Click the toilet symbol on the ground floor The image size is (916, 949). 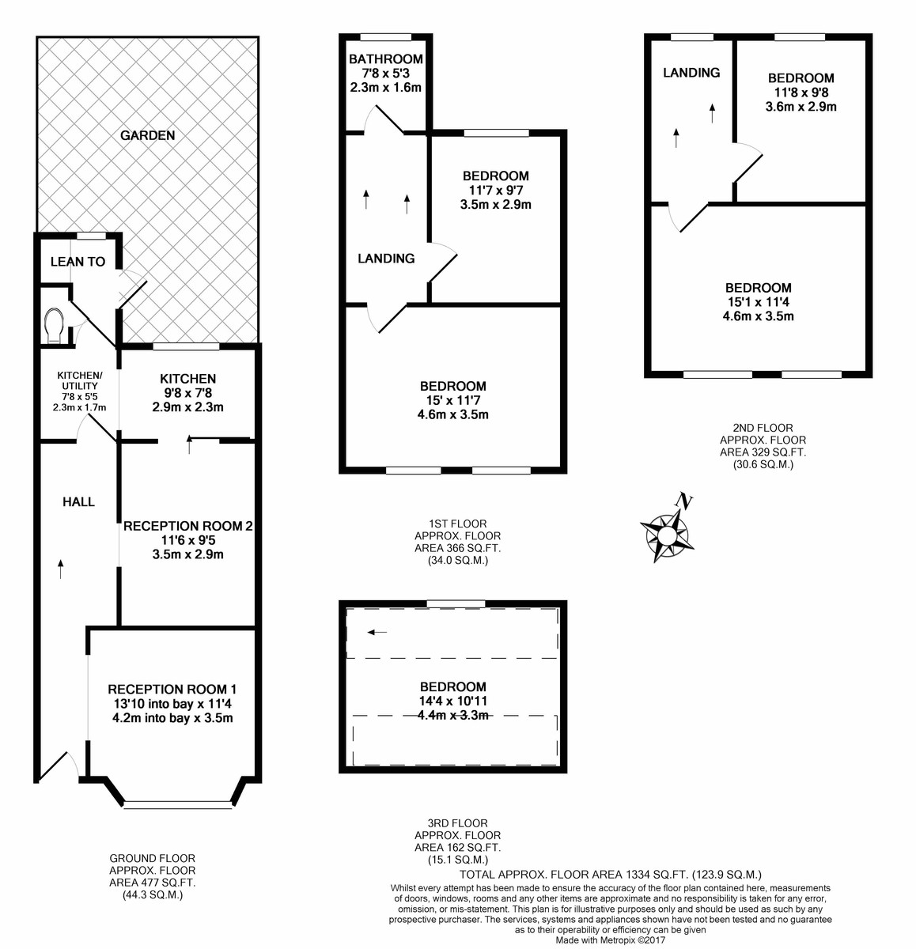pyautogui.click(x=55, y=325)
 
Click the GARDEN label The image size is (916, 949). pyautogui.click(x=148, y=135)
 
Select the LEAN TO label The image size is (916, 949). pyautogui.click(x=78, y=262)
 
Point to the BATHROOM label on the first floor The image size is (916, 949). pyautogui.click(x=386, y=59)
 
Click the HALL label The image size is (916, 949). pyautogui.click(x=78, y=501)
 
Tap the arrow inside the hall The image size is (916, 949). pyautogui.click(x=61, y=568)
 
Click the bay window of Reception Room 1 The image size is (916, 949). pyautogui.click(x=178, y=805)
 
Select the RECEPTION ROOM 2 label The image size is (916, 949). pyautogui.click(x=188, y=526)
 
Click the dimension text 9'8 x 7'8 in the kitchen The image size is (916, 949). pyautogui.click(x=188, y=393)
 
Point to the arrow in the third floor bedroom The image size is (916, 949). pyautogui.click(x=377, y=632)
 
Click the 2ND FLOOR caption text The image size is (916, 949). pyautogui.click(x=763, y=429)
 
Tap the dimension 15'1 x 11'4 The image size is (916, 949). pyautogui.click(x=759, y=302)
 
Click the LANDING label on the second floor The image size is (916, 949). pyautogui.click(x=691, y=73)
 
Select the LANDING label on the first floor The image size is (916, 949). pyautogui.click(x=386, y=259)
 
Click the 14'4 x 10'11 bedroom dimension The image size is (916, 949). pyautogui.click(x=453, y=701)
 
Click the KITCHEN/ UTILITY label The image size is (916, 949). pyautogui.click(x=80, y=380)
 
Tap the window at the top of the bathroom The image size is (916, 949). pyautogui.click(x=386, y=36)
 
